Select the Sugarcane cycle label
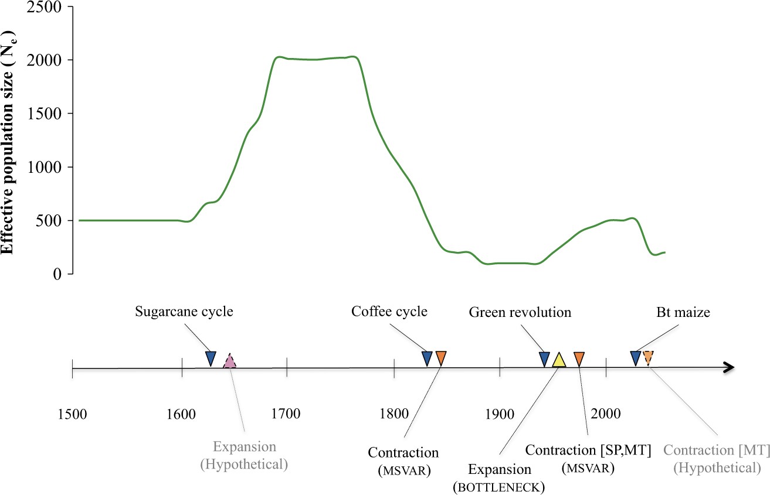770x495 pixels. (x=184, y=312)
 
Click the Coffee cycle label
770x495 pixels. (x=389, y=312)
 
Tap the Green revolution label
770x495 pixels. (x=520, y=312)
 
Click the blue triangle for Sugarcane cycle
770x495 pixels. (x=211, y=358)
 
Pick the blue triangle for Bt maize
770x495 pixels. (x=635, y=357)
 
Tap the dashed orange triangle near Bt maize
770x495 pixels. (x=648, y=357)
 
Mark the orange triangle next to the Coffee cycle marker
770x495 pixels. (x=441, y=358)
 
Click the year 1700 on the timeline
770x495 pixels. (x=286, y=414)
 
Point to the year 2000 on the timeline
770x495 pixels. (x=605, y=414)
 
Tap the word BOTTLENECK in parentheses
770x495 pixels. (x=499, y=487)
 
